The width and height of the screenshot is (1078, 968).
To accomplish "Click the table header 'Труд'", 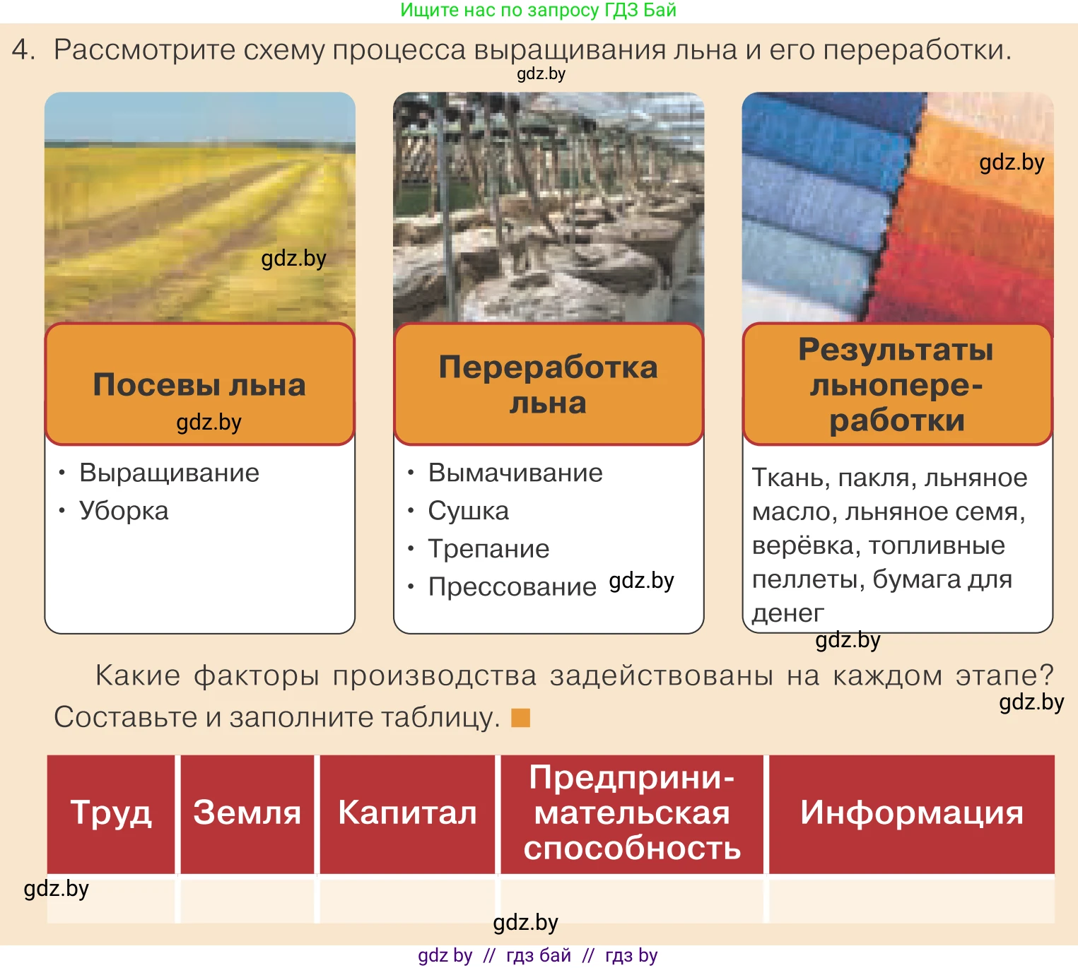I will [x=111, y=813].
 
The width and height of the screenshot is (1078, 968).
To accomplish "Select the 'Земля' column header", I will [x=247, y=813].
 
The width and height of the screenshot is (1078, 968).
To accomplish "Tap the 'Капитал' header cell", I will [x=407, y=813].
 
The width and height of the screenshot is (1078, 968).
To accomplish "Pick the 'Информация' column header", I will [x=911, y=813].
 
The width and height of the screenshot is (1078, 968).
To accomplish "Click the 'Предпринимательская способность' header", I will [x=632, y=813].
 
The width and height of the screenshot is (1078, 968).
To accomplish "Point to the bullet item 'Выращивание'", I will [x=169, y=473].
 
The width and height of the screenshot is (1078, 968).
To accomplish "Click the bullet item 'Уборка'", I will [x=124, y=511].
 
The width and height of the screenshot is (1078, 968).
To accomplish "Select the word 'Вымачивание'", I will [x=515, y=473].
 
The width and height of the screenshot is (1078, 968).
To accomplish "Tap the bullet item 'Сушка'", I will [x=468, y=511].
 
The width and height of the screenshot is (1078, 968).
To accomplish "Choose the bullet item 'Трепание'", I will [x=488, y=549].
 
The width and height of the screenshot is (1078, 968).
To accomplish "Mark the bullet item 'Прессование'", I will [x=512, y=587].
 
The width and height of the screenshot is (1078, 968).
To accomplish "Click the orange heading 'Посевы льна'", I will [x=199, y=385].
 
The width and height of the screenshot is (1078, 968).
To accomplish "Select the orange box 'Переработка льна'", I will [x=548, y=385].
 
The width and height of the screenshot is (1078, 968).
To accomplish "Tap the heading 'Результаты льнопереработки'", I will [x=896, y=385].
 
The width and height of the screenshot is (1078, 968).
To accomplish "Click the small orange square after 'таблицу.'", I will [x=521, y=718].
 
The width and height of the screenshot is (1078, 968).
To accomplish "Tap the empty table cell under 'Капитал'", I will [x=407, y=899].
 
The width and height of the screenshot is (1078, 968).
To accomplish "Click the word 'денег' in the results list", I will [x=787, y=613].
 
